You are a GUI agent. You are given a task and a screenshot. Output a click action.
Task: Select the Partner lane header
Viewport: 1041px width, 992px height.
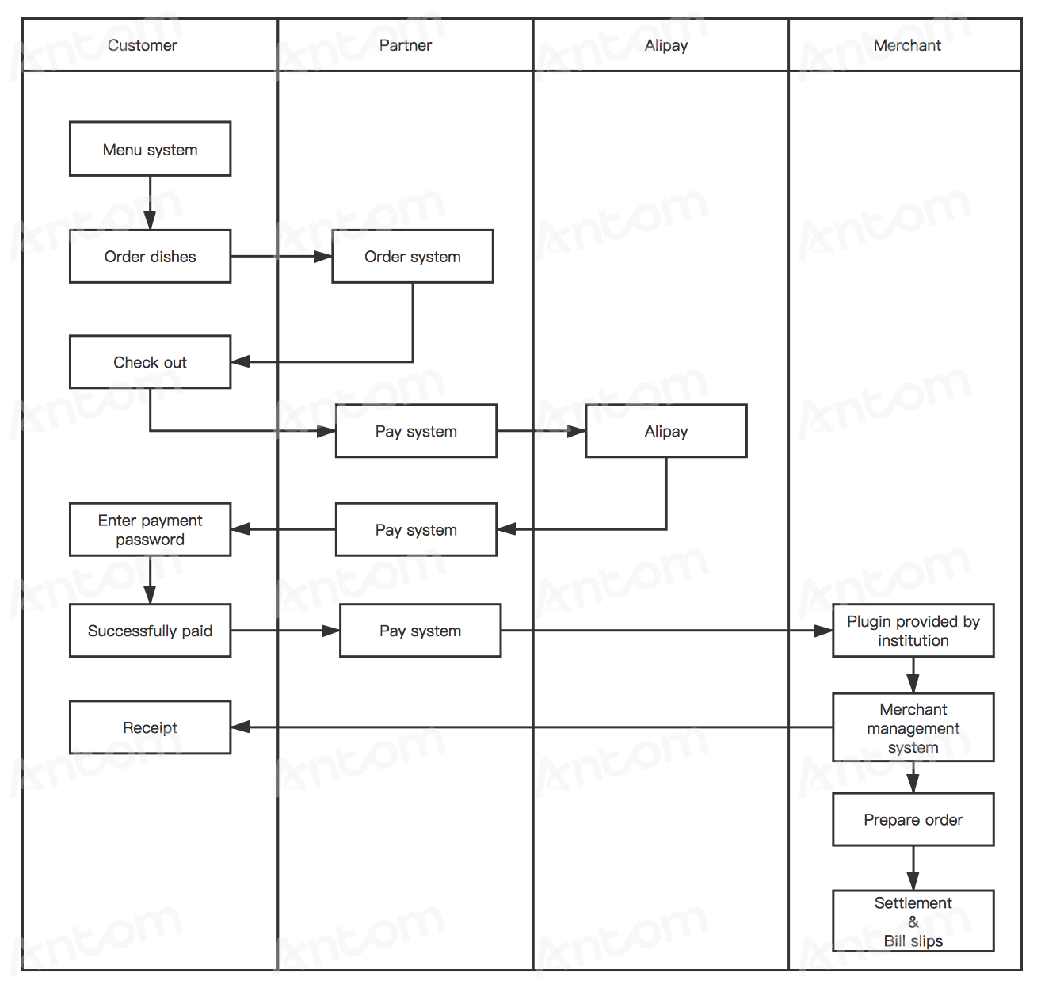point(405,45)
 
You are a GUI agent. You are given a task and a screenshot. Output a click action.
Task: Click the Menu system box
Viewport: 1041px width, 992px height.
point(150,149)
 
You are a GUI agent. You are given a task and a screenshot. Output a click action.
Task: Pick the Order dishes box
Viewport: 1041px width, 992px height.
point(150,257)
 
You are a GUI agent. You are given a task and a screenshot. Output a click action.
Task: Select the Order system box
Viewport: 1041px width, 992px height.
point(413,257)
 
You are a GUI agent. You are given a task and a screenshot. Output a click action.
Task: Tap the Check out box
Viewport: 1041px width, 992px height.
point(150,362)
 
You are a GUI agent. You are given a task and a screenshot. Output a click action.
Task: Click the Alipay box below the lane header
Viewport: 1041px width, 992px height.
point(666,431)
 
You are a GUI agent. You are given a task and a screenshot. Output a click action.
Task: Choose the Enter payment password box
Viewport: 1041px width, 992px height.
point(150,529)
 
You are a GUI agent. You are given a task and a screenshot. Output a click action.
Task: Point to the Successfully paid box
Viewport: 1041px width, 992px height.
point(150,630)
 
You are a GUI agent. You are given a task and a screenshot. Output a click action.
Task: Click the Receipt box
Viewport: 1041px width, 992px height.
point(150,727)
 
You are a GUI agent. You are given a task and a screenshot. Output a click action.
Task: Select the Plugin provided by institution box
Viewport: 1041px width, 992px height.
point(913,630)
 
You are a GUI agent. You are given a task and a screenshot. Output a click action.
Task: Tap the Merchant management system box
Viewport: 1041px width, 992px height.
point(913,727)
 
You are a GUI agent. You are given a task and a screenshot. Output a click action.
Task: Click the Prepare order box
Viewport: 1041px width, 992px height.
point(913,819)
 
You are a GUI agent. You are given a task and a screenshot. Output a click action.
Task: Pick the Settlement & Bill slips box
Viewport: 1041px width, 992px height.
point(913,921)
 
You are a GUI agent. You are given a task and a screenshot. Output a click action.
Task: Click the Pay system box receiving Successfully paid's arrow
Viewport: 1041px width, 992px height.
point(420,630)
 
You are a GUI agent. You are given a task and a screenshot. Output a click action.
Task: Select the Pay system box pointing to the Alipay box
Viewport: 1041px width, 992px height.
point(416,431)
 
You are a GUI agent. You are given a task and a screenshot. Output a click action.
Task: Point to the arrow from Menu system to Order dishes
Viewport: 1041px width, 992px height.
point(150,203)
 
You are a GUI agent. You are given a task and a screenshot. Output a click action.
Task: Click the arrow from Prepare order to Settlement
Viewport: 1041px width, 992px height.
point(913,868)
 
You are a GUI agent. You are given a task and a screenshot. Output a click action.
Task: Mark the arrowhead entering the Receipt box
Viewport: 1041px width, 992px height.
point(240,727)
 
